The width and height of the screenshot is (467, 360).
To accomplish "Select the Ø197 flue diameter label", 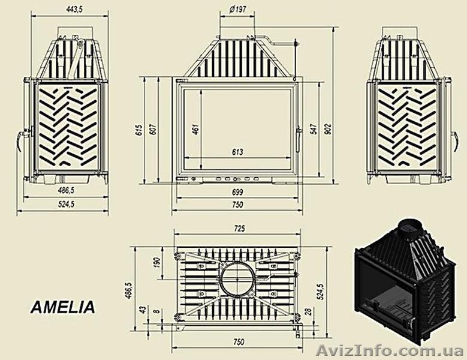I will point(238,9).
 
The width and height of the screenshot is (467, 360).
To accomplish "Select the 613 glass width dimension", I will point(237,152).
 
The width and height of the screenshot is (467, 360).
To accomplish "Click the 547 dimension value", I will point(314,128).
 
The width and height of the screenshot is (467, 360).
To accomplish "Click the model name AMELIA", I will point(62,308).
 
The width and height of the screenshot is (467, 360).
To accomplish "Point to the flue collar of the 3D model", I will point(409,227).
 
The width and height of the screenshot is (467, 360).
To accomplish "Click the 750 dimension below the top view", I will point(237,342).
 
